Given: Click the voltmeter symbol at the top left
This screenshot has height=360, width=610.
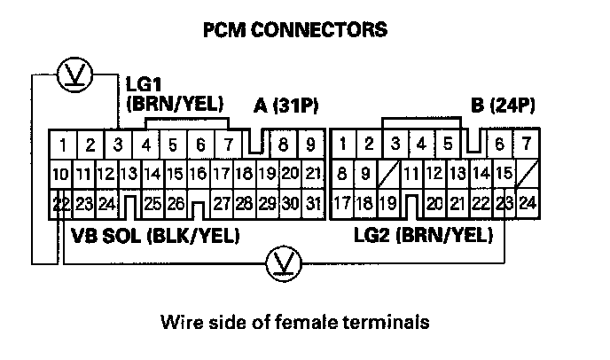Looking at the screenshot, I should coord(68,75).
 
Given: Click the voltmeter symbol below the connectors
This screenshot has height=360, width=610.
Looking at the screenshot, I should coord(281,261).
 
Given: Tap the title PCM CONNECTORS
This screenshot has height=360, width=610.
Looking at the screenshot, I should coord(295,30).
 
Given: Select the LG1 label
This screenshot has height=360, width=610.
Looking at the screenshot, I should coord(145,89).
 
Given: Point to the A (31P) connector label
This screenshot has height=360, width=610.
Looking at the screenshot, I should coord(285,106).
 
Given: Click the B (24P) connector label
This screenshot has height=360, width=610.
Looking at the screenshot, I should coord(504,106).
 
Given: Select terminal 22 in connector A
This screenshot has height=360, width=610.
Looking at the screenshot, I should coord(60,204).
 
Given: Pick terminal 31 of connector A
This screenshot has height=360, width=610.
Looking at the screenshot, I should coord(312,204).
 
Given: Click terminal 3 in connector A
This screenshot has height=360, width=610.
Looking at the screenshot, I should coord(118,144).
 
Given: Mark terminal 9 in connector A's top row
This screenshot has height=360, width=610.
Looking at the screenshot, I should coord(310,144).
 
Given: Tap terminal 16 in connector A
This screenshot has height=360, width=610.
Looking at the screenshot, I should coord(199,174).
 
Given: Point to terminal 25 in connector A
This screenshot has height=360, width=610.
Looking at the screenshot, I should coord(152,204).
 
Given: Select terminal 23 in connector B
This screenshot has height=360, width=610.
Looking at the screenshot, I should coord(505,204).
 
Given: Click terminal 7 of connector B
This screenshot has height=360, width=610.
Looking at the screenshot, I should coord(527,144).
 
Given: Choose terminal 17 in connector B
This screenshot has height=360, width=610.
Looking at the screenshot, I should coord(341,204).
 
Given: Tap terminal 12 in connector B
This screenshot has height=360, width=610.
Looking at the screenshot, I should coord(434,174).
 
